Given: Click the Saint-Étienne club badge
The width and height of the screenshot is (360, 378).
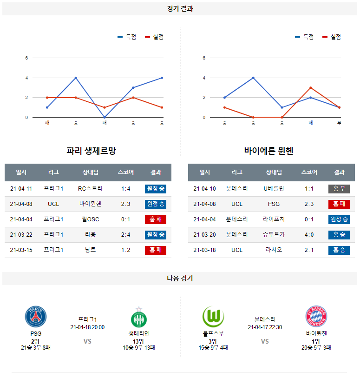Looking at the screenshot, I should [x=138, y=318].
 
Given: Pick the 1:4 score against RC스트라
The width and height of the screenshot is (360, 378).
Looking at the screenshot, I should [x=125, y=189].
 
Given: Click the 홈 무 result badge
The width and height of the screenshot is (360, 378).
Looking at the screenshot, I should [x=339, y=189].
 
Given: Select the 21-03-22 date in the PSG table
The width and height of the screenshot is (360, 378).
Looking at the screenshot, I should [x=21, y=235].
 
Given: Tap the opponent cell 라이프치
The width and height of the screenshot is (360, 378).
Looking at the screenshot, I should [x=274, y=219].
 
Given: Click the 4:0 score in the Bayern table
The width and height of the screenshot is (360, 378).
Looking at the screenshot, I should [x=309, y=235].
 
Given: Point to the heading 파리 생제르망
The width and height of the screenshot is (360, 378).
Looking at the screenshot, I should [x=91, y=151].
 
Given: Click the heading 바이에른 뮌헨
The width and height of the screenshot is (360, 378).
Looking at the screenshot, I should [x=269, y=151].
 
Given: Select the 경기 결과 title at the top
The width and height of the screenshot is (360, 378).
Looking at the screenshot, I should [x=180, y=9].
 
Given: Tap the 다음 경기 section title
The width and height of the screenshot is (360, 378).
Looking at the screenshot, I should [x=180, y=279].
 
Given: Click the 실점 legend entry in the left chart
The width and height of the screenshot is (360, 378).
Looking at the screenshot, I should [x=154, y=37].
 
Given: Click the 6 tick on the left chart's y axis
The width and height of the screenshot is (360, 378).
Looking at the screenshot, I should [x=27, y=58].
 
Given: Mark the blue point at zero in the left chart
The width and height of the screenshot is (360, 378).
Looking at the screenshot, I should [x=105, y=117].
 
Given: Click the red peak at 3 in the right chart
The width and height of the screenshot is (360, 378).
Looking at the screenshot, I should [x=310, y=87].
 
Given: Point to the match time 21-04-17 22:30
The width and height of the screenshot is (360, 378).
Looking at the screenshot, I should [x=265, y=327].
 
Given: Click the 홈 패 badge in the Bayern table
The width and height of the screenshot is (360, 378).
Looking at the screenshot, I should [x=339, y=204].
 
